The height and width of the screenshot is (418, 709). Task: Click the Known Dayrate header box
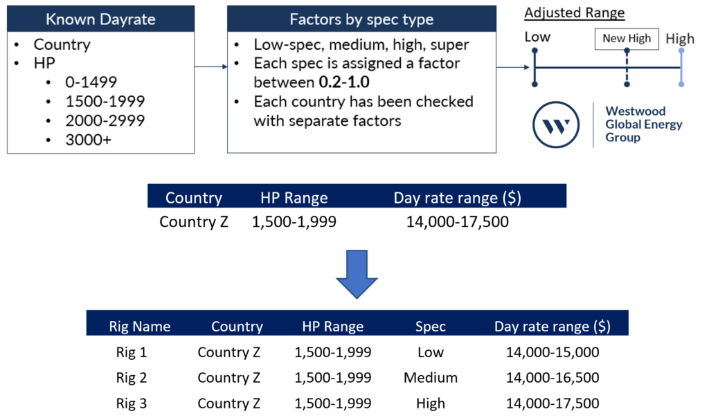point(100,19)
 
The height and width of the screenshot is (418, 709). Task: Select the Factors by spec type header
point(361,19)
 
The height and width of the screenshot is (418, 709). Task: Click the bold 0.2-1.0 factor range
point(345,82)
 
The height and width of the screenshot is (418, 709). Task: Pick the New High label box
point(627,39)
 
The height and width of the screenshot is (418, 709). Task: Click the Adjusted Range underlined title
point(574,13)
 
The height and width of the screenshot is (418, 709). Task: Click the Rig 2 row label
point(132,377)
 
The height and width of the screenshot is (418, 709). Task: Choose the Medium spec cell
point(431,377)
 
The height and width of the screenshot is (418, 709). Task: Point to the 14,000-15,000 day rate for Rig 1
point(552,352)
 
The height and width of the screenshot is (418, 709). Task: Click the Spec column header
point(431,326)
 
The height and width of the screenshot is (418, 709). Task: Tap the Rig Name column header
point(140,326)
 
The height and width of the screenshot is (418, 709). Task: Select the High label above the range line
point(680,39)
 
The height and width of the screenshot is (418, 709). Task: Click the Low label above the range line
point(537,37)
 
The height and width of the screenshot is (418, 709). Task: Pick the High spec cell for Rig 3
point(431,403)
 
